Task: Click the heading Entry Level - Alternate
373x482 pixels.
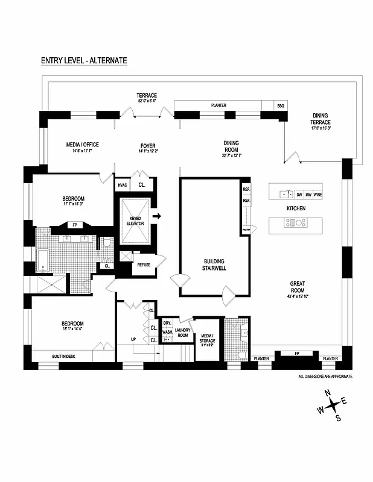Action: point(84,60)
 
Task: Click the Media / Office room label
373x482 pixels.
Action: point(82,145)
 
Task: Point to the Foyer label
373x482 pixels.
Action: point(148,146)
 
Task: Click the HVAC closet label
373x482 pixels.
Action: point(123,185)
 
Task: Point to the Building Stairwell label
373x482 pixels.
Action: point(214,265)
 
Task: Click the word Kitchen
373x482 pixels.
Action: point(296,208)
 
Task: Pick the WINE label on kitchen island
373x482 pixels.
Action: point(317,195)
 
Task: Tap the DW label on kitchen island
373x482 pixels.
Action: point(299,195)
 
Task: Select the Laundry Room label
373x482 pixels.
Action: point(183,332)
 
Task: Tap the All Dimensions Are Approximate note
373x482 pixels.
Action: point(325,376)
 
